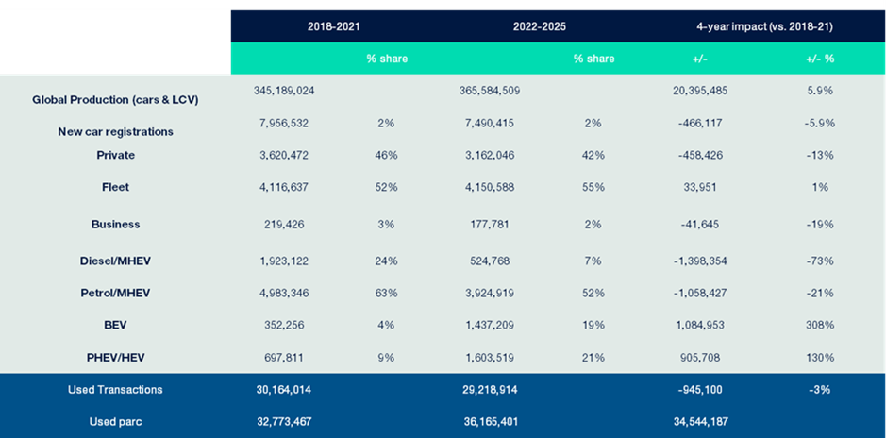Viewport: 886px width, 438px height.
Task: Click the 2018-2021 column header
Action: [x=334, y=26]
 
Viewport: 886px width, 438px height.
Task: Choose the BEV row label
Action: [x=115, y=326]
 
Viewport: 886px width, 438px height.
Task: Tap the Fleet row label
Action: [x=115, y=188]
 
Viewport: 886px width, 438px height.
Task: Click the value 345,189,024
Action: [x=284, y=91]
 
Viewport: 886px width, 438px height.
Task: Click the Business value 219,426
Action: [x=284, y=225]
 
